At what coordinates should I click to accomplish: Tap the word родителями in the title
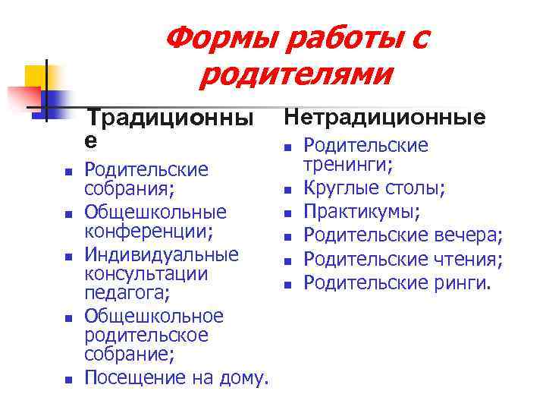(x=298, y=74)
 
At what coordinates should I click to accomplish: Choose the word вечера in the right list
(x=467, y=237)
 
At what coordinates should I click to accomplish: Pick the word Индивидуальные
(x=161, y=254)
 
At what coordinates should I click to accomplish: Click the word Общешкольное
(x=154, y=315)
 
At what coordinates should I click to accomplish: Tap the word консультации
(x=146, y=273)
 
